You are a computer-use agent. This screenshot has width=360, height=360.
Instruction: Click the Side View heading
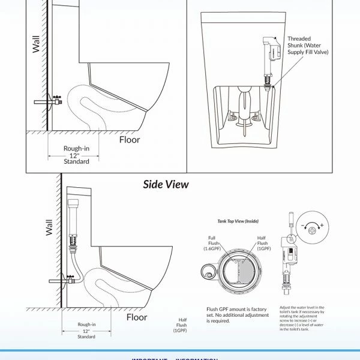(x=166, y=184)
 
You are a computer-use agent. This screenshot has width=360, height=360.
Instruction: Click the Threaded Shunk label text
(x=308, y=46)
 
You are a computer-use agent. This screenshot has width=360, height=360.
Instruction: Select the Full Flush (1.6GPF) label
(x=211, y=242)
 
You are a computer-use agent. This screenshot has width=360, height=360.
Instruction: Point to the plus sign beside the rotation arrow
(x=322, y=225)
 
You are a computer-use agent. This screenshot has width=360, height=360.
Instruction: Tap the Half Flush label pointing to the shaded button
(x=263, y=242)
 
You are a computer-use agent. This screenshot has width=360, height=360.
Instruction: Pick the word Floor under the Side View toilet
(x=137, y=317)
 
